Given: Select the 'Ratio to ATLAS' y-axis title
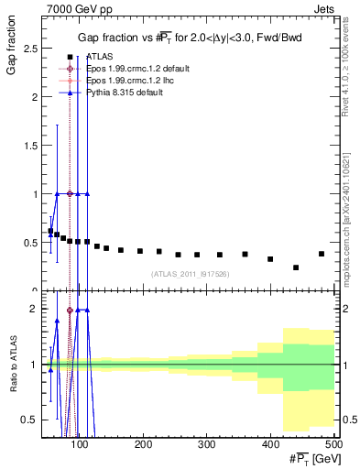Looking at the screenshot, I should [11, 366].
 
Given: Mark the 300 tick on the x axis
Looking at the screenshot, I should [207, 444].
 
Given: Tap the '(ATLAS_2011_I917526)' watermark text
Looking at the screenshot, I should [189, 274].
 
